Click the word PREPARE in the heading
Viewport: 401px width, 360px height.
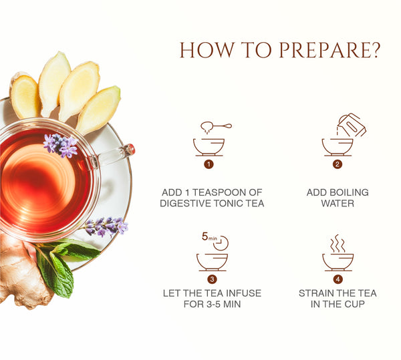tap(329, 50)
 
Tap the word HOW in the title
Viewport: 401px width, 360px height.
tap(207, 50)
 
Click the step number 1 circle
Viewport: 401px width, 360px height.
tap(209, 164)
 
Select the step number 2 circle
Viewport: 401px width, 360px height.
tap(338, 164)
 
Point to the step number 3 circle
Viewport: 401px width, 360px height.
tap(212, 279)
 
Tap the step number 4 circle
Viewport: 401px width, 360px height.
tap(338, 279)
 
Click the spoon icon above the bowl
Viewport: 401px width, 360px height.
tap(216, 126)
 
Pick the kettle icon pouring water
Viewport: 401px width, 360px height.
tap(352, 125)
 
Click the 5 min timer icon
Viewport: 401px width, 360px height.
tap(215, 240)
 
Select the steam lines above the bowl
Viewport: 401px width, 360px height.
tap(338, 244)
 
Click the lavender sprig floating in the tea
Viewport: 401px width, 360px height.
tap(60, 145)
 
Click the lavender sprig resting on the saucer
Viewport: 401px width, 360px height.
tap(106, 226)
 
